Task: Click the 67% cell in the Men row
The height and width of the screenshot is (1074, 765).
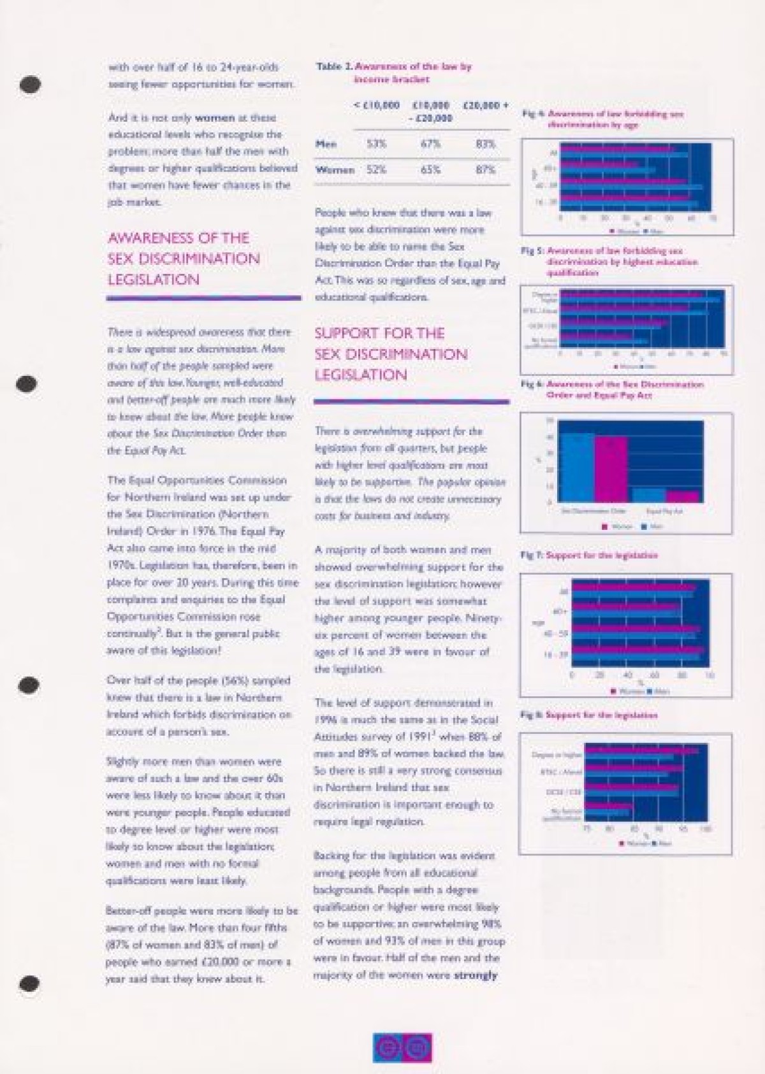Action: (x=430, y=144)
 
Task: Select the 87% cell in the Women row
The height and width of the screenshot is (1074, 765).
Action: (x=486, y=170)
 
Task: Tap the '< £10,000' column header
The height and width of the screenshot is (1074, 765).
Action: (x=377, y=105)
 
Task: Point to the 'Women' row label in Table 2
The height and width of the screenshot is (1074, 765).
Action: (x=335, y=170)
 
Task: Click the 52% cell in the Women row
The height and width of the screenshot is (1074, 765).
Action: (x=377, y=170)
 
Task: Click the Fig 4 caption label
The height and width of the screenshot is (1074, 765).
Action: (x=602, y=119)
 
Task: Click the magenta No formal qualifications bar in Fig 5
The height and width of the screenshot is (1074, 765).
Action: (x=596, y=334)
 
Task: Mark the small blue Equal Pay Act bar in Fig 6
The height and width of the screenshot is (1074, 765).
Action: (x=649, y=496)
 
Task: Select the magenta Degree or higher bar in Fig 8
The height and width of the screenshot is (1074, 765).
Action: (x=641, y=750)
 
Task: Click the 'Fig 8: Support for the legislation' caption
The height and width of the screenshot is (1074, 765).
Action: (x=589, y=715)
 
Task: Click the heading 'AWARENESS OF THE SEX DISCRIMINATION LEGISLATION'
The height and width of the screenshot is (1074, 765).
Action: (x=184, y=259)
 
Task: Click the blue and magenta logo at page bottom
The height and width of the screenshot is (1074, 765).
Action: (x=402, y=1047)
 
